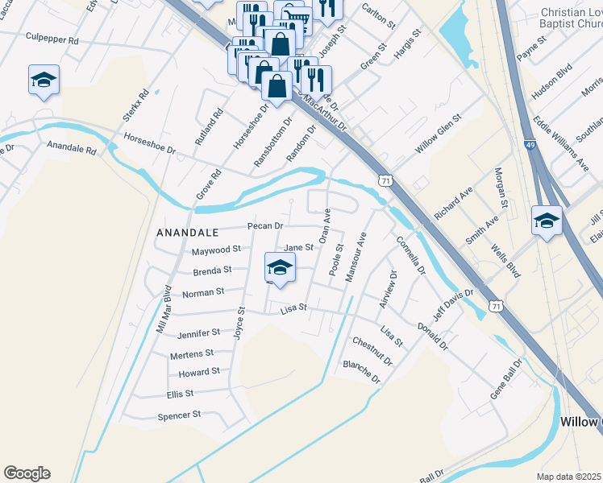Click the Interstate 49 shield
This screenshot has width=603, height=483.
point(530,145)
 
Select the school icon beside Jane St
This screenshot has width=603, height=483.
point(279,270)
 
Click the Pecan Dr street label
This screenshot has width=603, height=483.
point(265,226)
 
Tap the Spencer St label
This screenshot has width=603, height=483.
point(179,415)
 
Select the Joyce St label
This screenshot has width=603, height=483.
point(239,322)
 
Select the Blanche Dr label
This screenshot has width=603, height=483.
point(361,371)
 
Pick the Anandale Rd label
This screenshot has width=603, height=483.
point(72,148)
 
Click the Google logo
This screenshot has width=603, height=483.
point(27,473)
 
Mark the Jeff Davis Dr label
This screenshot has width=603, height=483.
point(452,307)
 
